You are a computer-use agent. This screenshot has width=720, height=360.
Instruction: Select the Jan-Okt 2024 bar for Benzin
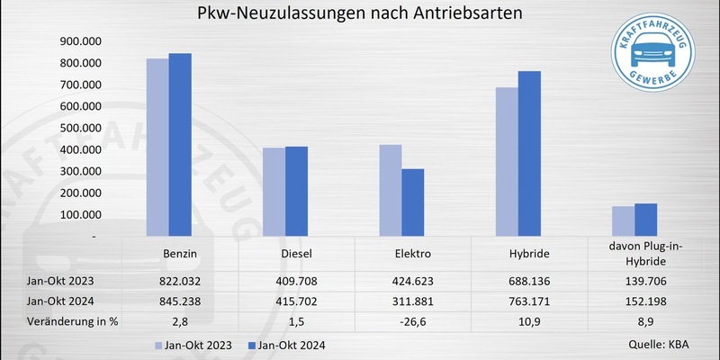(x=180, y=144)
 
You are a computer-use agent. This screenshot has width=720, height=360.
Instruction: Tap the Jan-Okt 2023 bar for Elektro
(x=390, y=190)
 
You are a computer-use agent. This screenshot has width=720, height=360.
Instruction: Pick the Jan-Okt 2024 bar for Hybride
(x=528, y=153)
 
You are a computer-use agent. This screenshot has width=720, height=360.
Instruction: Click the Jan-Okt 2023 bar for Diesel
(x=274, y=192)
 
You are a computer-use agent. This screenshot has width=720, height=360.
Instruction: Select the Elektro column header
(x=413, y=255)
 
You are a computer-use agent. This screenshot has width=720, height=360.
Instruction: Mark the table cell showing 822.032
(x=181, y=280)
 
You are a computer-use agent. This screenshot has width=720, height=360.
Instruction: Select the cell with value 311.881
(x=413, y=301)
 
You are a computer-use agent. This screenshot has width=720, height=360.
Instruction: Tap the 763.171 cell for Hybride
(x=529, y=301)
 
